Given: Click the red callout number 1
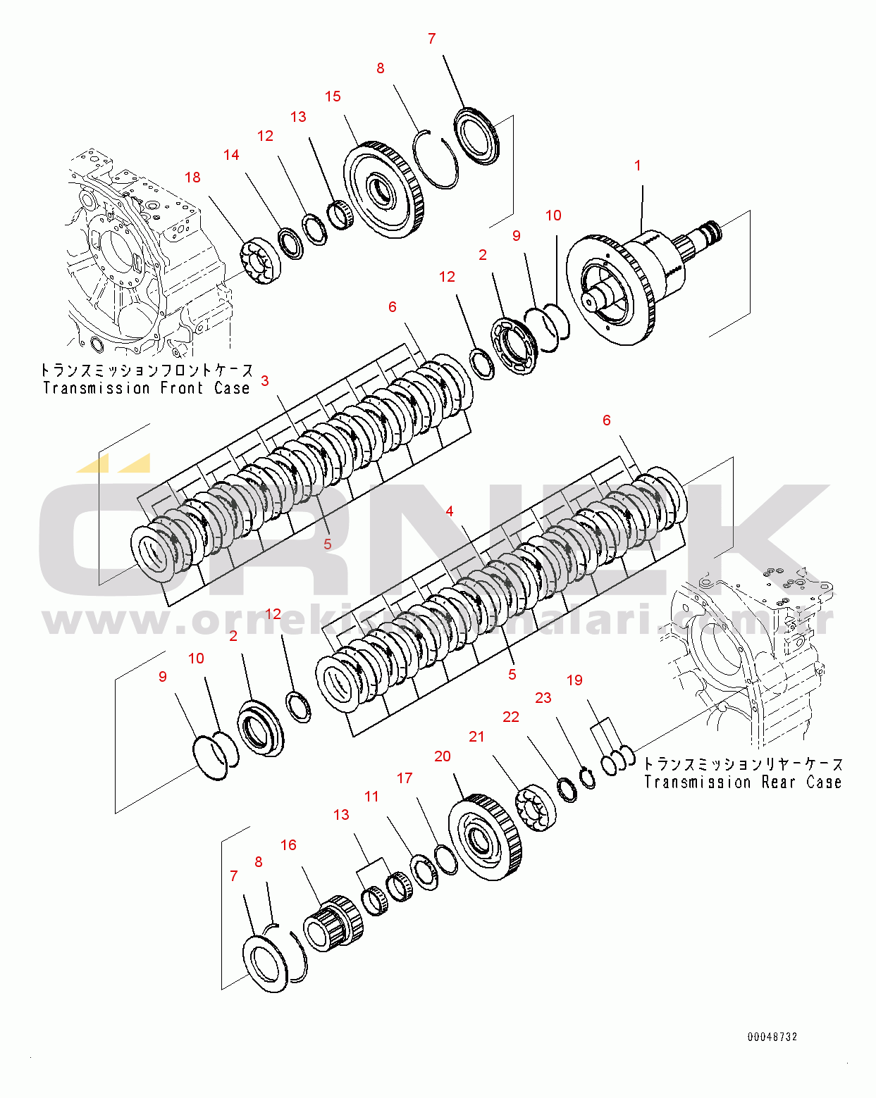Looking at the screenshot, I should point(638,166).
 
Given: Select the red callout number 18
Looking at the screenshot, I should point(192,177).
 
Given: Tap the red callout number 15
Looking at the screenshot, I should point(333,96).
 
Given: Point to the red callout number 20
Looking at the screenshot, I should point(443,756).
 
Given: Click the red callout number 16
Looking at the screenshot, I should point(288,845).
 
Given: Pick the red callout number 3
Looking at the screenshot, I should point(265,381).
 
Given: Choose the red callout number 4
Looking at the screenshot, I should point(450,511).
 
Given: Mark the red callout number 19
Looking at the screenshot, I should point(575,680).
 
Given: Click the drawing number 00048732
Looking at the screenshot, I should point(772,1037).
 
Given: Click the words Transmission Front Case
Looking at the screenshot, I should point(147,388).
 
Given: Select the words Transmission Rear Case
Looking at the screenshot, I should point(743,782).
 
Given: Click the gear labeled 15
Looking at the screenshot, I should point(384,190).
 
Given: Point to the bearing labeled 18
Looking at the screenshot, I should point(260,262).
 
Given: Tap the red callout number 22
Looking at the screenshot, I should point(511,717).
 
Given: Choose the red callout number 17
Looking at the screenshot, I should point(405,778).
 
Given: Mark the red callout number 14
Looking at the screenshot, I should point(231,155).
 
